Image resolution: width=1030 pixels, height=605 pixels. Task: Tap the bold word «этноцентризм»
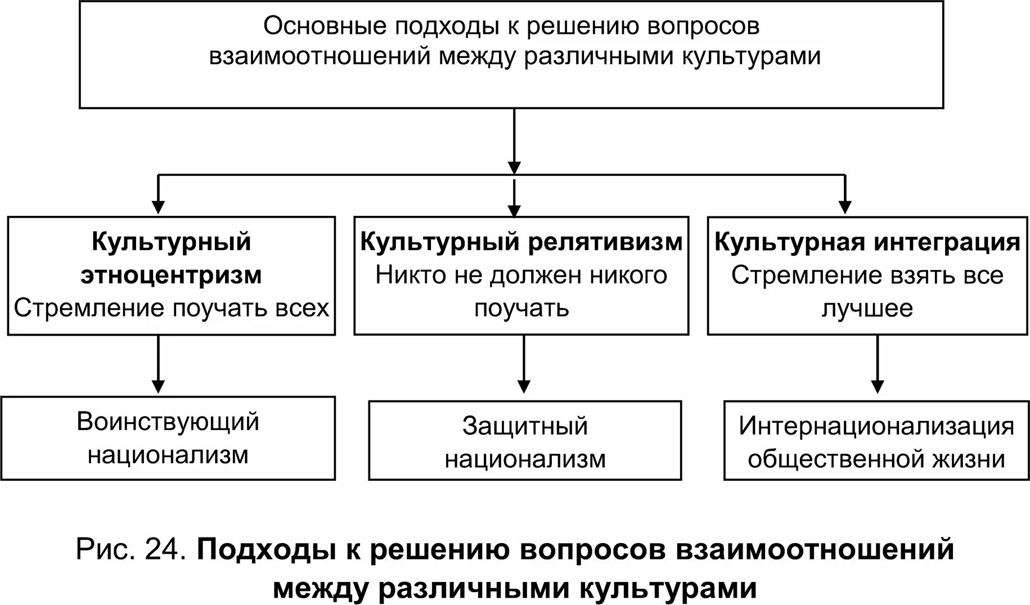pos(171,276)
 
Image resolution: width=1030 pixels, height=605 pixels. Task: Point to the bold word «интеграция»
pos(947,242)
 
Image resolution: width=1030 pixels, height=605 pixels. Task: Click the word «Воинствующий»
pos(168,422)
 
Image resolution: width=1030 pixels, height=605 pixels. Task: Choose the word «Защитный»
pos(525,426)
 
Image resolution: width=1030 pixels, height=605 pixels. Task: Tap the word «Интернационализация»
pos(876,426)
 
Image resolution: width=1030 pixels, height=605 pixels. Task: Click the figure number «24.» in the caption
pos(165,549)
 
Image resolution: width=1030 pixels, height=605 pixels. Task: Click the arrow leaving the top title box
pos(514,141)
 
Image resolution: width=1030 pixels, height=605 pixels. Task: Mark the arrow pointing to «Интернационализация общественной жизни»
pos(877,364)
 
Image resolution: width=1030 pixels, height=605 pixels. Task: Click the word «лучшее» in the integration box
pos(867,309)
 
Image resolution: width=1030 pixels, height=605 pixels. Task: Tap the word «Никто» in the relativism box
pos(403,276)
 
